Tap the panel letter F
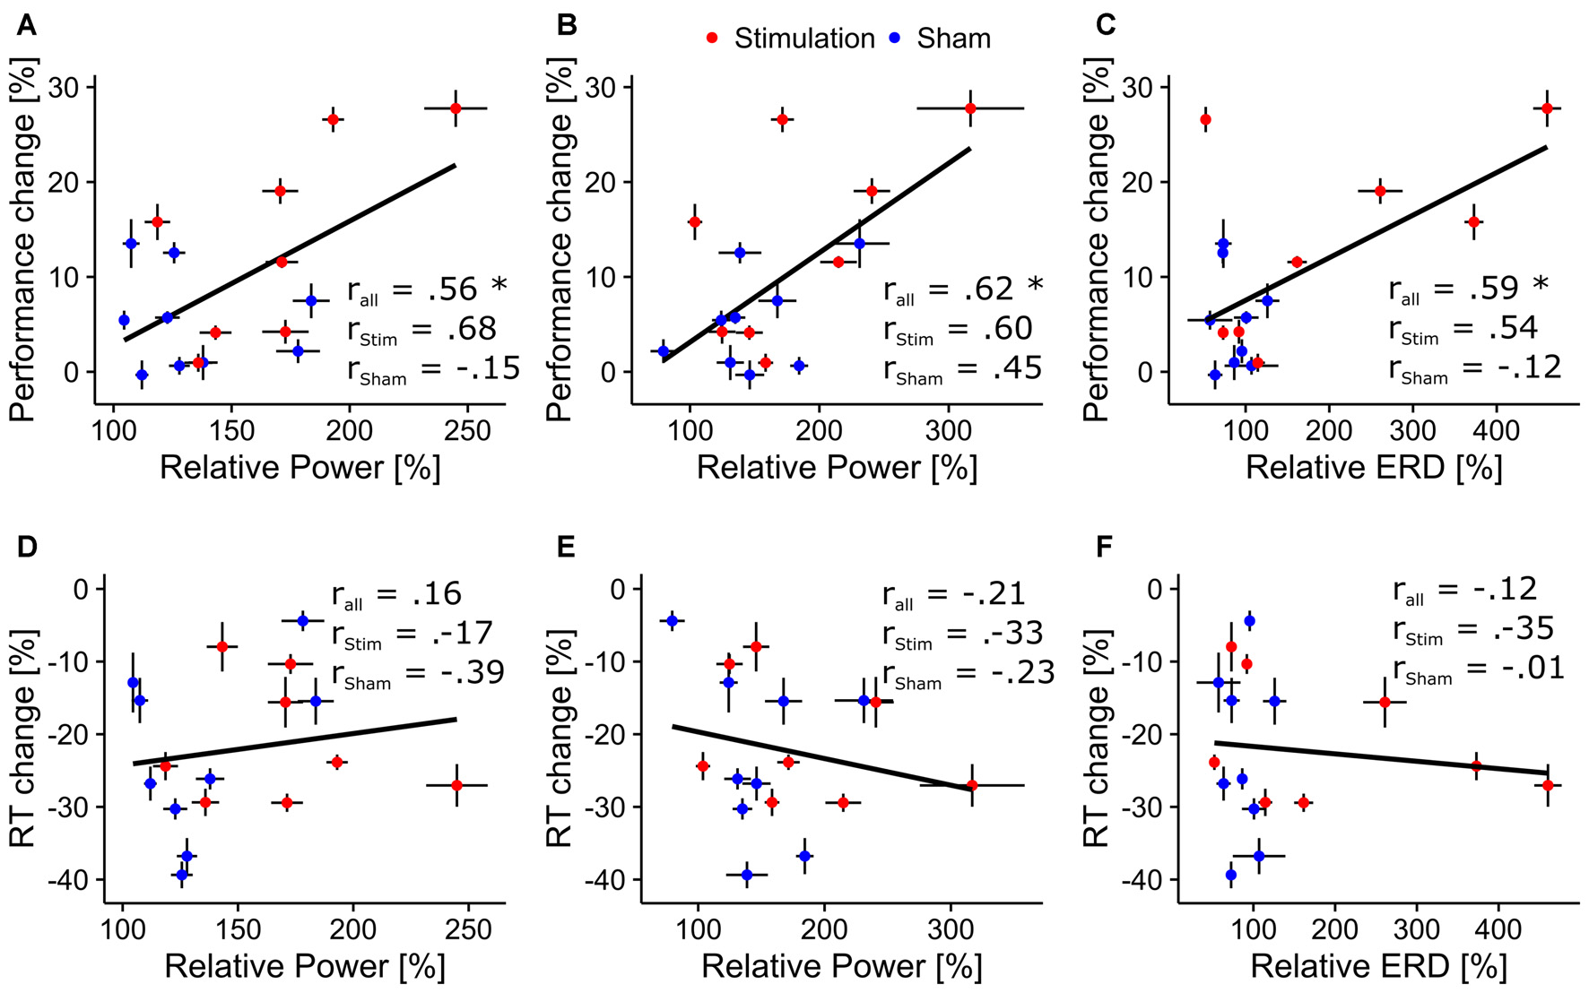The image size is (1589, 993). pyautogui.click(x=1104, y=547)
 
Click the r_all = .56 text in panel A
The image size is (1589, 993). pyautogui.click(x=426, y=289)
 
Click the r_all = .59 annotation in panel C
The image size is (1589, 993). pyautogui.click(x=1468, y=289)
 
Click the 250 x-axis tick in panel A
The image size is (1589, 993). pyautogui.click(x=467, y=430)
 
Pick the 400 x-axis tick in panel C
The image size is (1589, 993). pyautogui.click(x=1496, y=430)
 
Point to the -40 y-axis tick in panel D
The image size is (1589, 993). pyautogui.click(x=67, y=880)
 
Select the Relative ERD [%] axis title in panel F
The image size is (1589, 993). pyautogui.click(x=1378, y=966)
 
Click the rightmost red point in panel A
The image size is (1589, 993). pyautogui.click(x=456, y=108)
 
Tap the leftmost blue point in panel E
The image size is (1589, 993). pyautogui.click(x=672, y=620)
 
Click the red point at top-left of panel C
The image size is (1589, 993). pyautogui.click(x=1205, y=119)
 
